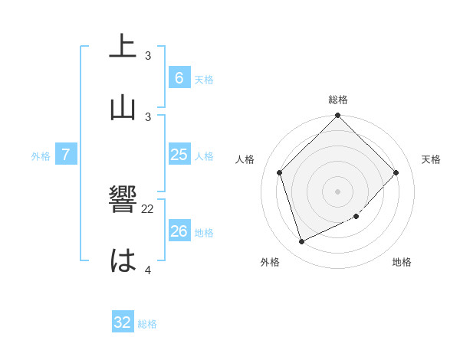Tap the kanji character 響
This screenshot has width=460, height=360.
[123, 201]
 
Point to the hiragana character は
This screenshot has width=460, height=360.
[123, 261]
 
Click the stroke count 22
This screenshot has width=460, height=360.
[148, 208]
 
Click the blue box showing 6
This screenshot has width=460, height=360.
[179, 77]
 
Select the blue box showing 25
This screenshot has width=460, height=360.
[179, 155]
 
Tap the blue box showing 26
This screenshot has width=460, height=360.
[179, 231]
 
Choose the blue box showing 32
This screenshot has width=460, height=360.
[123, 322]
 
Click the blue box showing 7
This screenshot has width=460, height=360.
[66, 155]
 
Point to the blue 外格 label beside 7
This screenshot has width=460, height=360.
[41, 156]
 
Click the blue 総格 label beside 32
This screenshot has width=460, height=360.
[147, 324]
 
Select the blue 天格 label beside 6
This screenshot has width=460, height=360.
[203, 79]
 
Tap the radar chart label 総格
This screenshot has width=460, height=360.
[338, 100]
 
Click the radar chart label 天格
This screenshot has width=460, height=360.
[431, 159]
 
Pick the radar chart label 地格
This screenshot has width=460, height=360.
[402, 262]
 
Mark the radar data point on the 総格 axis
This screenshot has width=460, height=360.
[338, 116]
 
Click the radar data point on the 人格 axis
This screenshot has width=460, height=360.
[280, 172]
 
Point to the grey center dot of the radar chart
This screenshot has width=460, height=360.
[338, 191]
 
